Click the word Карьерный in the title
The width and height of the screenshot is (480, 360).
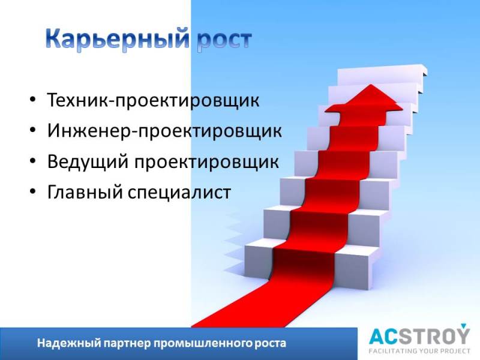tap(117, 39)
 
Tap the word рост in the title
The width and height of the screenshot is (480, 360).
tap(224, 41)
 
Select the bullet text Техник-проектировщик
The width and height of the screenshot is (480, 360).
tap(153, 100)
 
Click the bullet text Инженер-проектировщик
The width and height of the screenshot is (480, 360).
tap(164, 131)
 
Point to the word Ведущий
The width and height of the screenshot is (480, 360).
tap(88, 161)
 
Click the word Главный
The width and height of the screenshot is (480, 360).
tap(85, 192)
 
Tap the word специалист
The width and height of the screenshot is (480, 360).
tap(179, 193)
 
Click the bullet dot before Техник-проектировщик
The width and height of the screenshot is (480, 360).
tap(33, 100)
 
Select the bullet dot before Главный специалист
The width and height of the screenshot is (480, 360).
tap(33, 191)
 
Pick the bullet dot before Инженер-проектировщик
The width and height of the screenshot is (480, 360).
tap(33, 130)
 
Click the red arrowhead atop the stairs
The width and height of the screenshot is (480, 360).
tap(364, 98)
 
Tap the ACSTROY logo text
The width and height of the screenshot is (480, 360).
tap(419, 336)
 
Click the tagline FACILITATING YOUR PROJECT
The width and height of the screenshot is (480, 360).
tap(419, 351)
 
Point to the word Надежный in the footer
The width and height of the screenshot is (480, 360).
tap(69, 343)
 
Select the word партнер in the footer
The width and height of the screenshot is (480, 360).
tap(127, 343)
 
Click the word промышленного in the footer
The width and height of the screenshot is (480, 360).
tap(202, 343)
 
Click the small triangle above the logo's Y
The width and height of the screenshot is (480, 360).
tap(463, 325)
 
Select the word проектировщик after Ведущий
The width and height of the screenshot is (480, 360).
tap(206, 162)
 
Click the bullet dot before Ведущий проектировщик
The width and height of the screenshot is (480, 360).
tap(33, 161)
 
